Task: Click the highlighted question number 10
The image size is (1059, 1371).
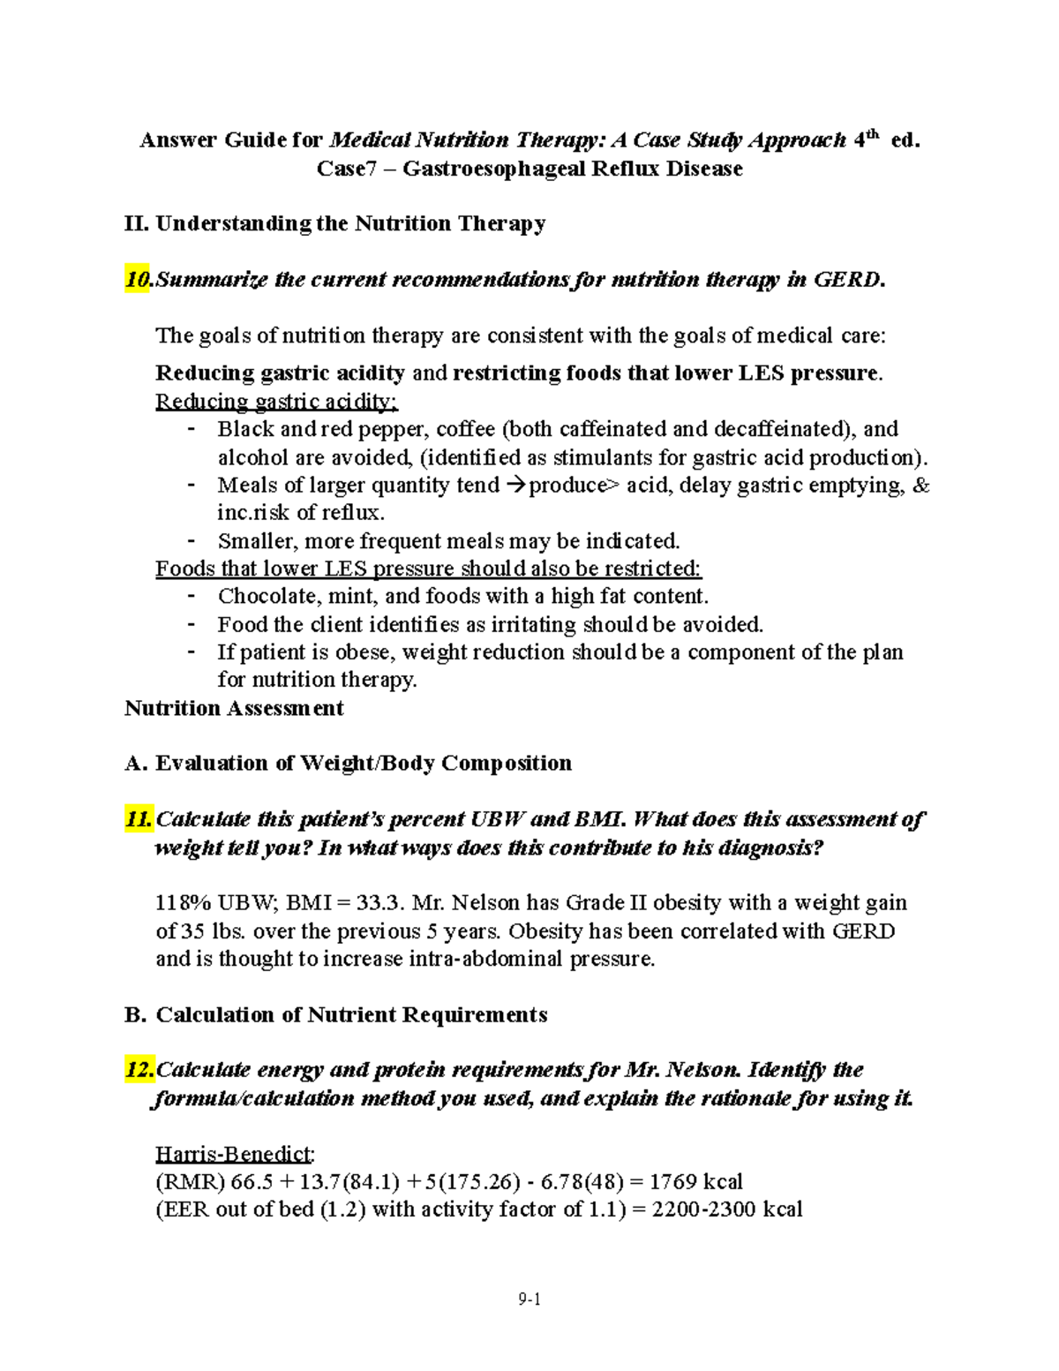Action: (x=138, y=280)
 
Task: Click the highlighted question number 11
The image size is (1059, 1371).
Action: (x=139, y=818)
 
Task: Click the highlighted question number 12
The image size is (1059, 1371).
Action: (x=139, y=1070)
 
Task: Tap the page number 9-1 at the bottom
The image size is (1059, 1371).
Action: (x=529, y=1299)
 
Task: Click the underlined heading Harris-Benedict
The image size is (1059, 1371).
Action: (x=234, y=1154)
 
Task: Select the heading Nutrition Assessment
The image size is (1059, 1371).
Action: (x=234, y=708)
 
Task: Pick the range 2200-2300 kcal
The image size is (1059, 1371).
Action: (x=726, y=1209)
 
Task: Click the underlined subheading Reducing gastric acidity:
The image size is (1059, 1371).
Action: (x=276, y=402)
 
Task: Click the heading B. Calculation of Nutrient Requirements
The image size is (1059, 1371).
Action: (x=336, y=1014)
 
